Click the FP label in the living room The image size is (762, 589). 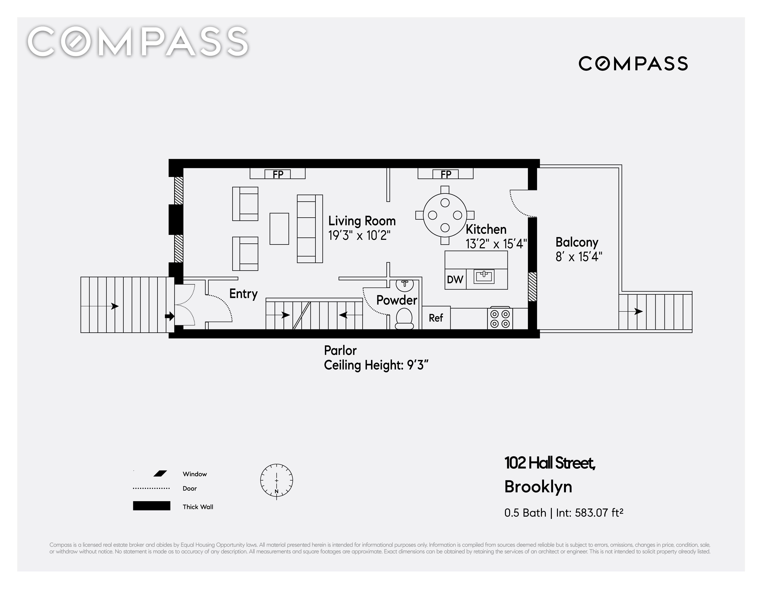coord(278,174)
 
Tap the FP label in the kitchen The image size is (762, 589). coord(446,174)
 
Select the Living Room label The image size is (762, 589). coord(362,221)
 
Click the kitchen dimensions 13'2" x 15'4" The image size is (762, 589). coord(496,244)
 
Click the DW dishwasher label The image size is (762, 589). coord(455,279)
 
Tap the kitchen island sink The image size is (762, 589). coord(484,277)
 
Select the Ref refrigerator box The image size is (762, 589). coord(436,318)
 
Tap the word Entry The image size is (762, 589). coord(244,294)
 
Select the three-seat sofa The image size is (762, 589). coord(310,229)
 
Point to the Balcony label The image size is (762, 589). coord(577,242)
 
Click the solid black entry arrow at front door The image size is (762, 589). coord(170,316)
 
